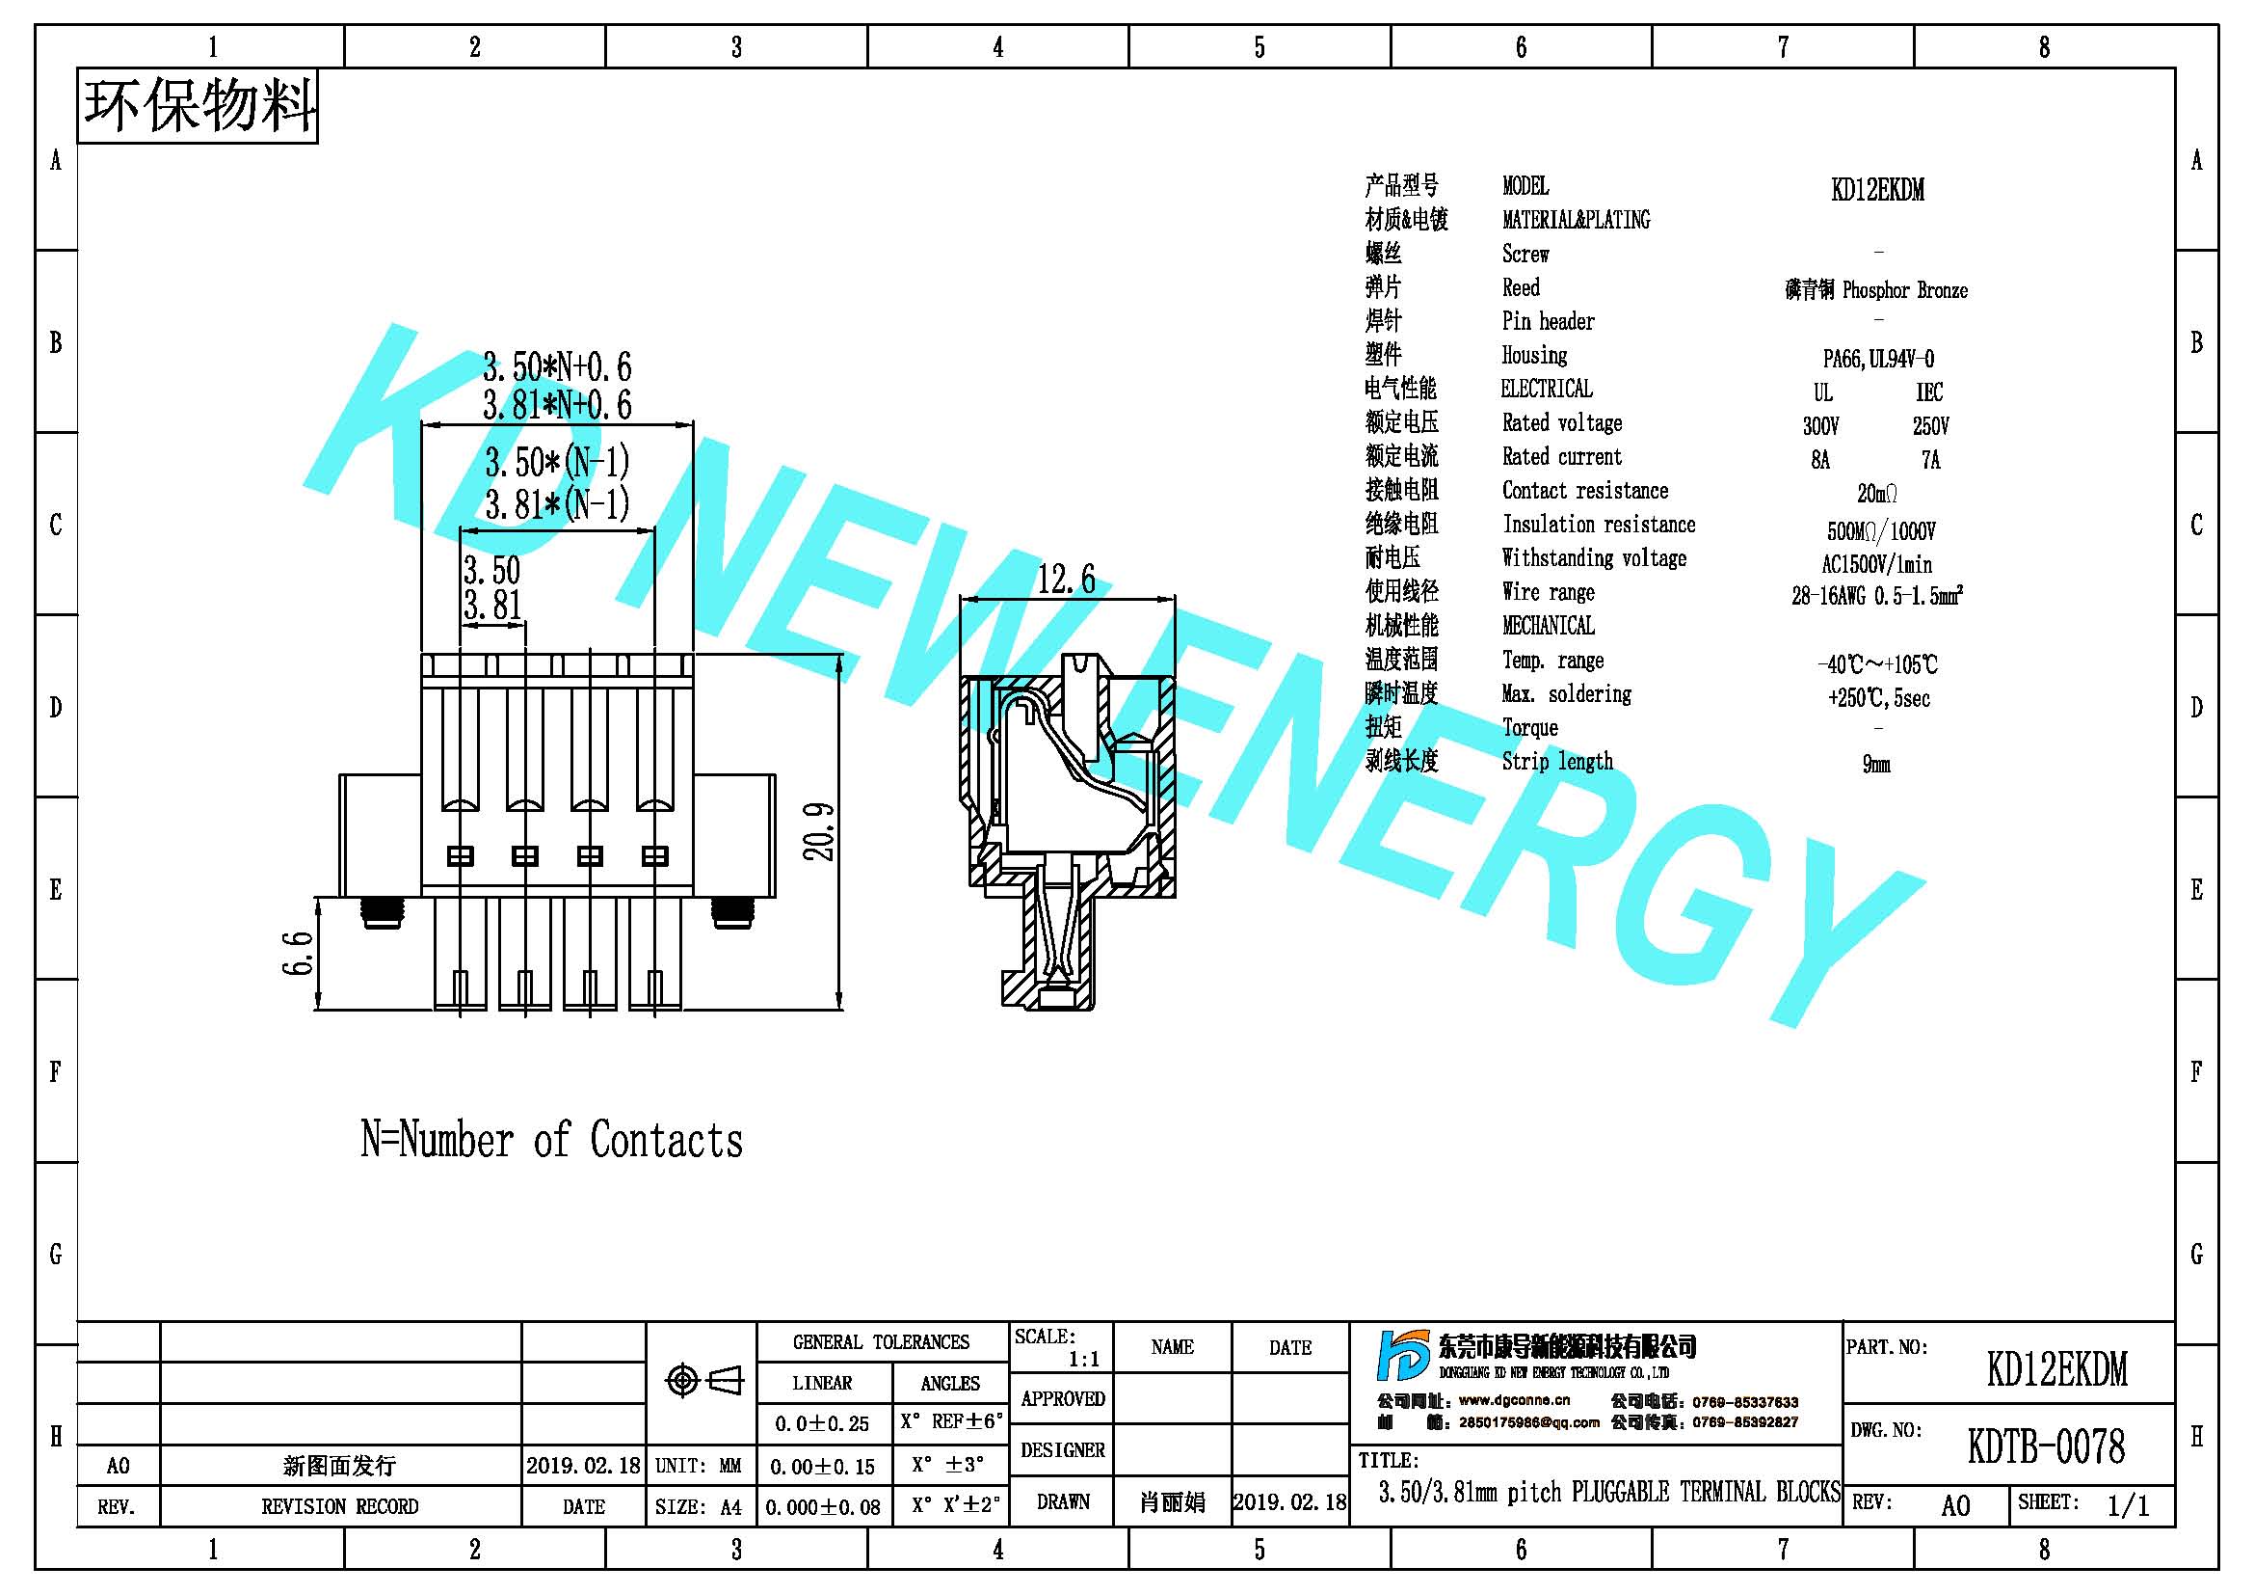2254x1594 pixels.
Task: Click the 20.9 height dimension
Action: coord(820,832)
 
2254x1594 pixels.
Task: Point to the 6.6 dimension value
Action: coord(298,953)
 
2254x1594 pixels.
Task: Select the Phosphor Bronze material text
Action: coord(1904,289)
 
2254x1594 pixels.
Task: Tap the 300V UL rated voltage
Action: coord(1821,425)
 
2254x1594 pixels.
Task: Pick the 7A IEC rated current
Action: coord(1931,460)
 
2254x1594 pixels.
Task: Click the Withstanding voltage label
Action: coord(1594,557)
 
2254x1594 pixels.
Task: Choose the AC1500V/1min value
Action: coord(1877,564)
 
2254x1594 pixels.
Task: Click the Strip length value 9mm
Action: coord(1876,764)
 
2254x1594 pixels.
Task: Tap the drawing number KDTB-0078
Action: coord(2047,1445)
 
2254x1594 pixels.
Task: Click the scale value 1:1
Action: coord(1084,1360)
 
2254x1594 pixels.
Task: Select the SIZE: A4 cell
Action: coord(699,1506)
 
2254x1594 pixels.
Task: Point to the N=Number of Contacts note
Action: coord(552,1140)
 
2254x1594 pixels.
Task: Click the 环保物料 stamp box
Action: coord(198,106)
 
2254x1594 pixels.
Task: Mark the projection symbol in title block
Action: coord(703,1380)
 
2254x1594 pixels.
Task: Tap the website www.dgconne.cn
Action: coord(1514,1400)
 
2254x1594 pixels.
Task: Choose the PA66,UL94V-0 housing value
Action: coord(1879,359)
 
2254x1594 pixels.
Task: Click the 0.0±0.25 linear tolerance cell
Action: coord(823,1423)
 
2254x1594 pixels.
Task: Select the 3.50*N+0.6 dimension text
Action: coord(557,367)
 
